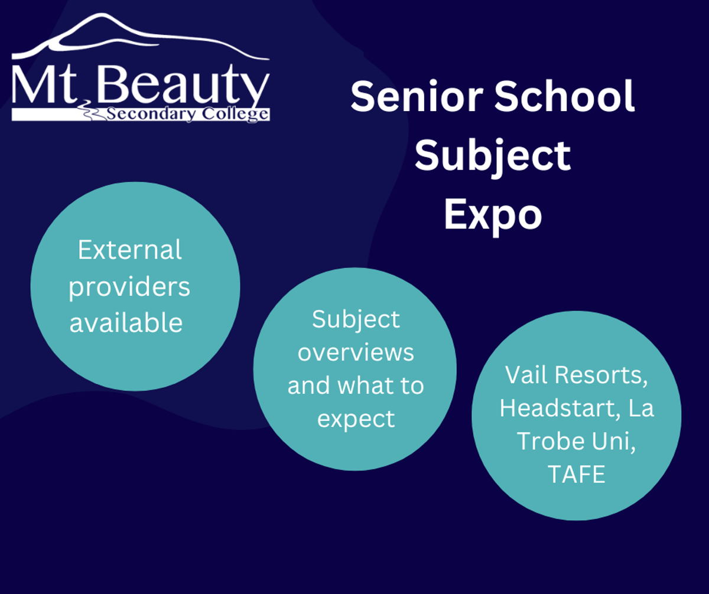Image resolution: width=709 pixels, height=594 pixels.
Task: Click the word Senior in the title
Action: tap(417, 96)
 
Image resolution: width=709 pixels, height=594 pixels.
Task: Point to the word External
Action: tap(130, 250)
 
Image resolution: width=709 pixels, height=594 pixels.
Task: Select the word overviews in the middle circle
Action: tap(356, 353)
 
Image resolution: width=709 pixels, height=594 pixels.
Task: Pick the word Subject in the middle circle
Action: tap(356, 321)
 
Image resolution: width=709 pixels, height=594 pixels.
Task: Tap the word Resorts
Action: tap(601, 376)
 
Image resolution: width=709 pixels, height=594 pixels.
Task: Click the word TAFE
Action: tap(577, 474)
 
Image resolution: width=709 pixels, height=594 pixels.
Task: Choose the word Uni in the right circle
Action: tap(614, 442)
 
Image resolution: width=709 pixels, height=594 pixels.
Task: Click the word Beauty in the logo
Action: tap(183, 84)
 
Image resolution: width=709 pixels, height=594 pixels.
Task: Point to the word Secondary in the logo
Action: tap(150, 115)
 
